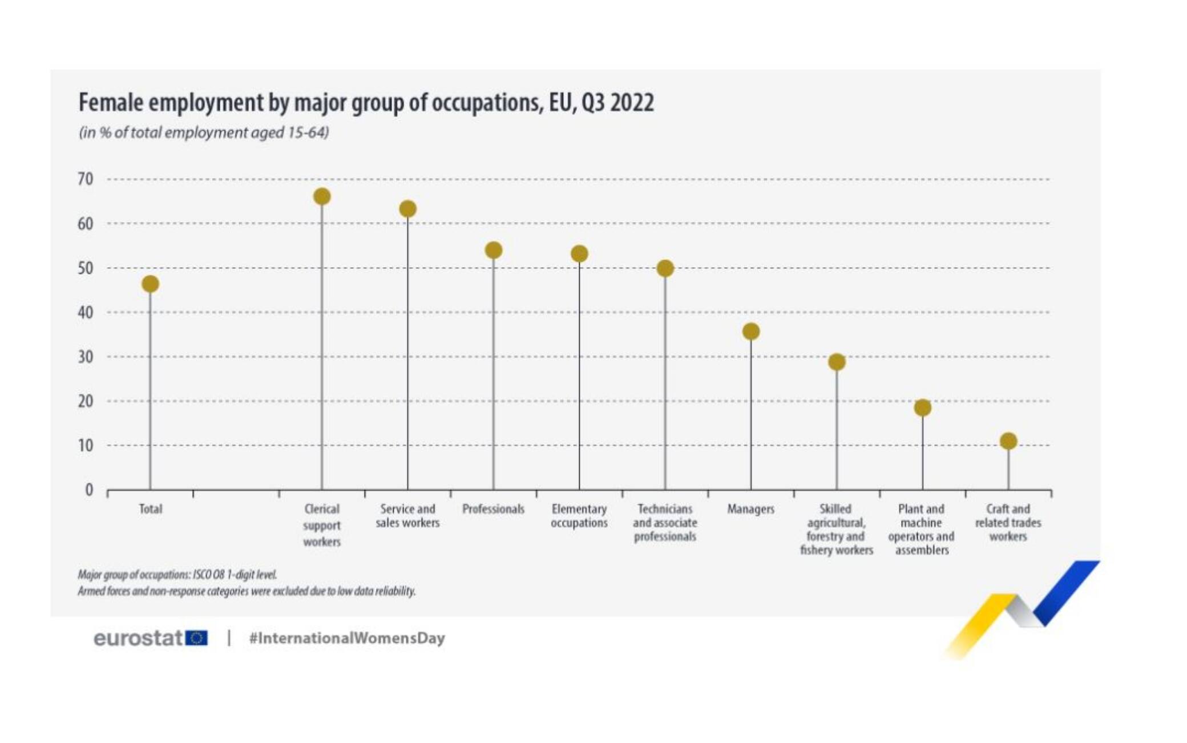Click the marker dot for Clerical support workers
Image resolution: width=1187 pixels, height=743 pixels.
click(x=322, y=197)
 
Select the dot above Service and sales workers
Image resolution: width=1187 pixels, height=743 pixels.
click(x=407, y=209)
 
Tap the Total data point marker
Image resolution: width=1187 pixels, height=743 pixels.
click(x=150, y=284)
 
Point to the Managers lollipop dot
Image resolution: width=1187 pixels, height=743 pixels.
click(x=751, y=332)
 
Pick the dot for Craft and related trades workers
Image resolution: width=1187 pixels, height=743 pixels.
click(x=1008, y=441)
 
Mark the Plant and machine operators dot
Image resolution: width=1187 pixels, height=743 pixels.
click(x=923, y=407)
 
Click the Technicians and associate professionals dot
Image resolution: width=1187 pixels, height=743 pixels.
click(x=665, y=268)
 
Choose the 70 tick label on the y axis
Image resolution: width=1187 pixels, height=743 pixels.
click(x=85, y=179)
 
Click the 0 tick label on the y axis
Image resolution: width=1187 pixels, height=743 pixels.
click(x=88, y=490)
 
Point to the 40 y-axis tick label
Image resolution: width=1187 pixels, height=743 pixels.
click(x=85, y=313)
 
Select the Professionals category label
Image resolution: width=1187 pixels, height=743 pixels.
click(x=493, y=509)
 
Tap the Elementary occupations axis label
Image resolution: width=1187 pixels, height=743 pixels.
click(x=579, y=516)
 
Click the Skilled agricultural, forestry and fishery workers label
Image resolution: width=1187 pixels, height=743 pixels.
click(x=836, y=530)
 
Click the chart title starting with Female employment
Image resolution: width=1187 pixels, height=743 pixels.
click(x=366, y=103)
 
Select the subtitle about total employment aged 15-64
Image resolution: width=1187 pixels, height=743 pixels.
click(x=204, y=133)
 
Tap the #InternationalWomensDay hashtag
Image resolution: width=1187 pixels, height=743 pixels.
click(x=346, y=638)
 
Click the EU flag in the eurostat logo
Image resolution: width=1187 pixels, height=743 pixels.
click(x=197, y=638)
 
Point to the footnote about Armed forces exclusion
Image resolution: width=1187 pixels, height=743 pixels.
click(x=247, y=591)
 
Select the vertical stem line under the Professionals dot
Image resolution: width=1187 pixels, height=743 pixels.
click(x=494, y=377)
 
